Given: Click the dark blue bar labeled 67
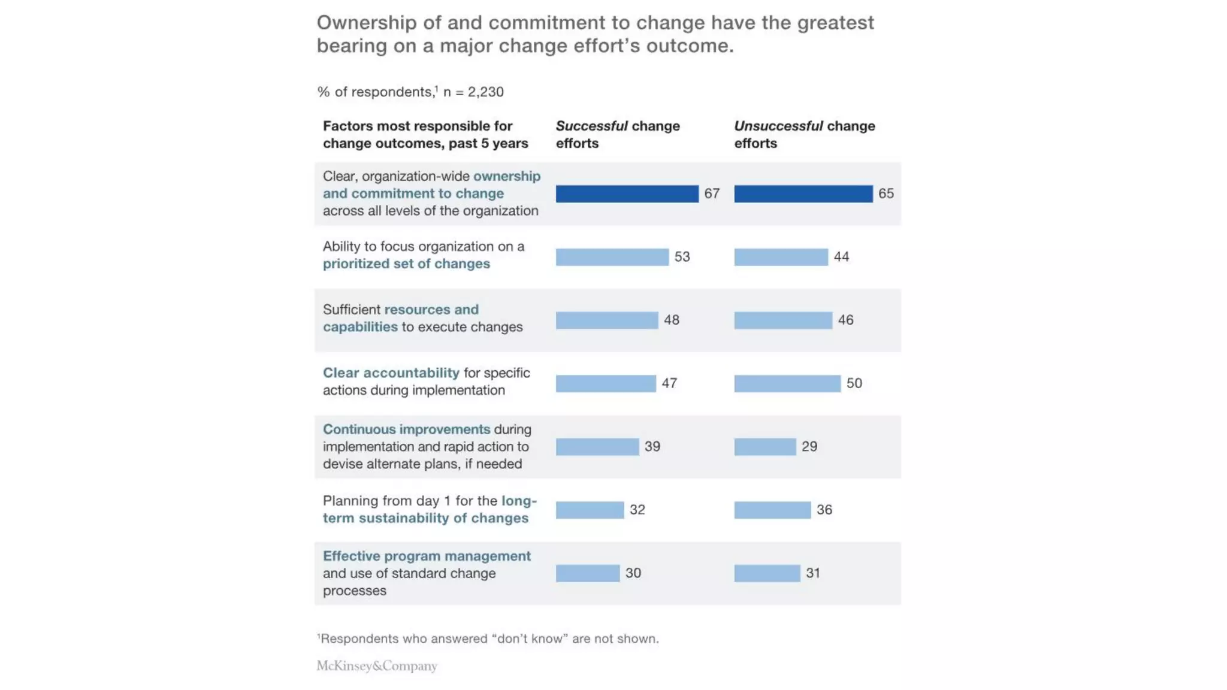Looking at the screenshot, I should coord(627,193).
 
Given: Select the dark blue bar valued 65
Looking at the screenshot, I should coord(803,193).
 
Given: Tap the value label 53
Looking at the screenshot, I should coord(682,257).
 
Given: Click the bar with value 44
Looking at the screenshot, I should coord(781,257).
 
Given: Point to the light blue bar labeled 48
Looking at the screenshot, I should coord(606,320).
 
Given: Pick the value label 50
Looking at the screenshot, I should coord(854,383).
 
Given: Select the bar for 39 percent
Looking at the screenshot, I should coord(597,447).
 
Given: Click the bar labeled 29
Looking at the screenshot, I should coord(764,447).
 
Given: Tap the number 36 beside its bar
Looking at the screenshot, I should coord(824,510).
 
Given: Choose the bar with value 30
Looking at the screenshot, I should coord(587,573).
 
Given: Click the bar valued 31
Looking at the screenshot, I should coord(767,573).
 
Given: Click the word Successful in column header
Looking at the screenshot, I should coord(591,126).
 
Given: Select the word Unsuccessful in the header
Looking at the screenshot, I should coord(778,126).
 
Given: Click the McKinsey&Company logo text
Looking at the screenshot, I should coord(376,666).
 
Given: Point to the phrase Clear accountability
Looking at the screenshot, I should coord(391,373).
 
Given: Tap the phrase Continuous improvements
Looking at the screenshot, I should coord(406,429).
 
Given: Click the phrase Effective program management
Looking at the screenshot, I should coord(427,556).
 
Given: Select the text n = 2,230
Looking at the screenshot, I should coord(473,92).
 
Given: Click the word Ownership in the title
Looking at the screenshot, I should coord(366,23).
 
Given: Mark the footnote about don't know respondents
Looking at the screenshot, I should coord(488,639).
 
